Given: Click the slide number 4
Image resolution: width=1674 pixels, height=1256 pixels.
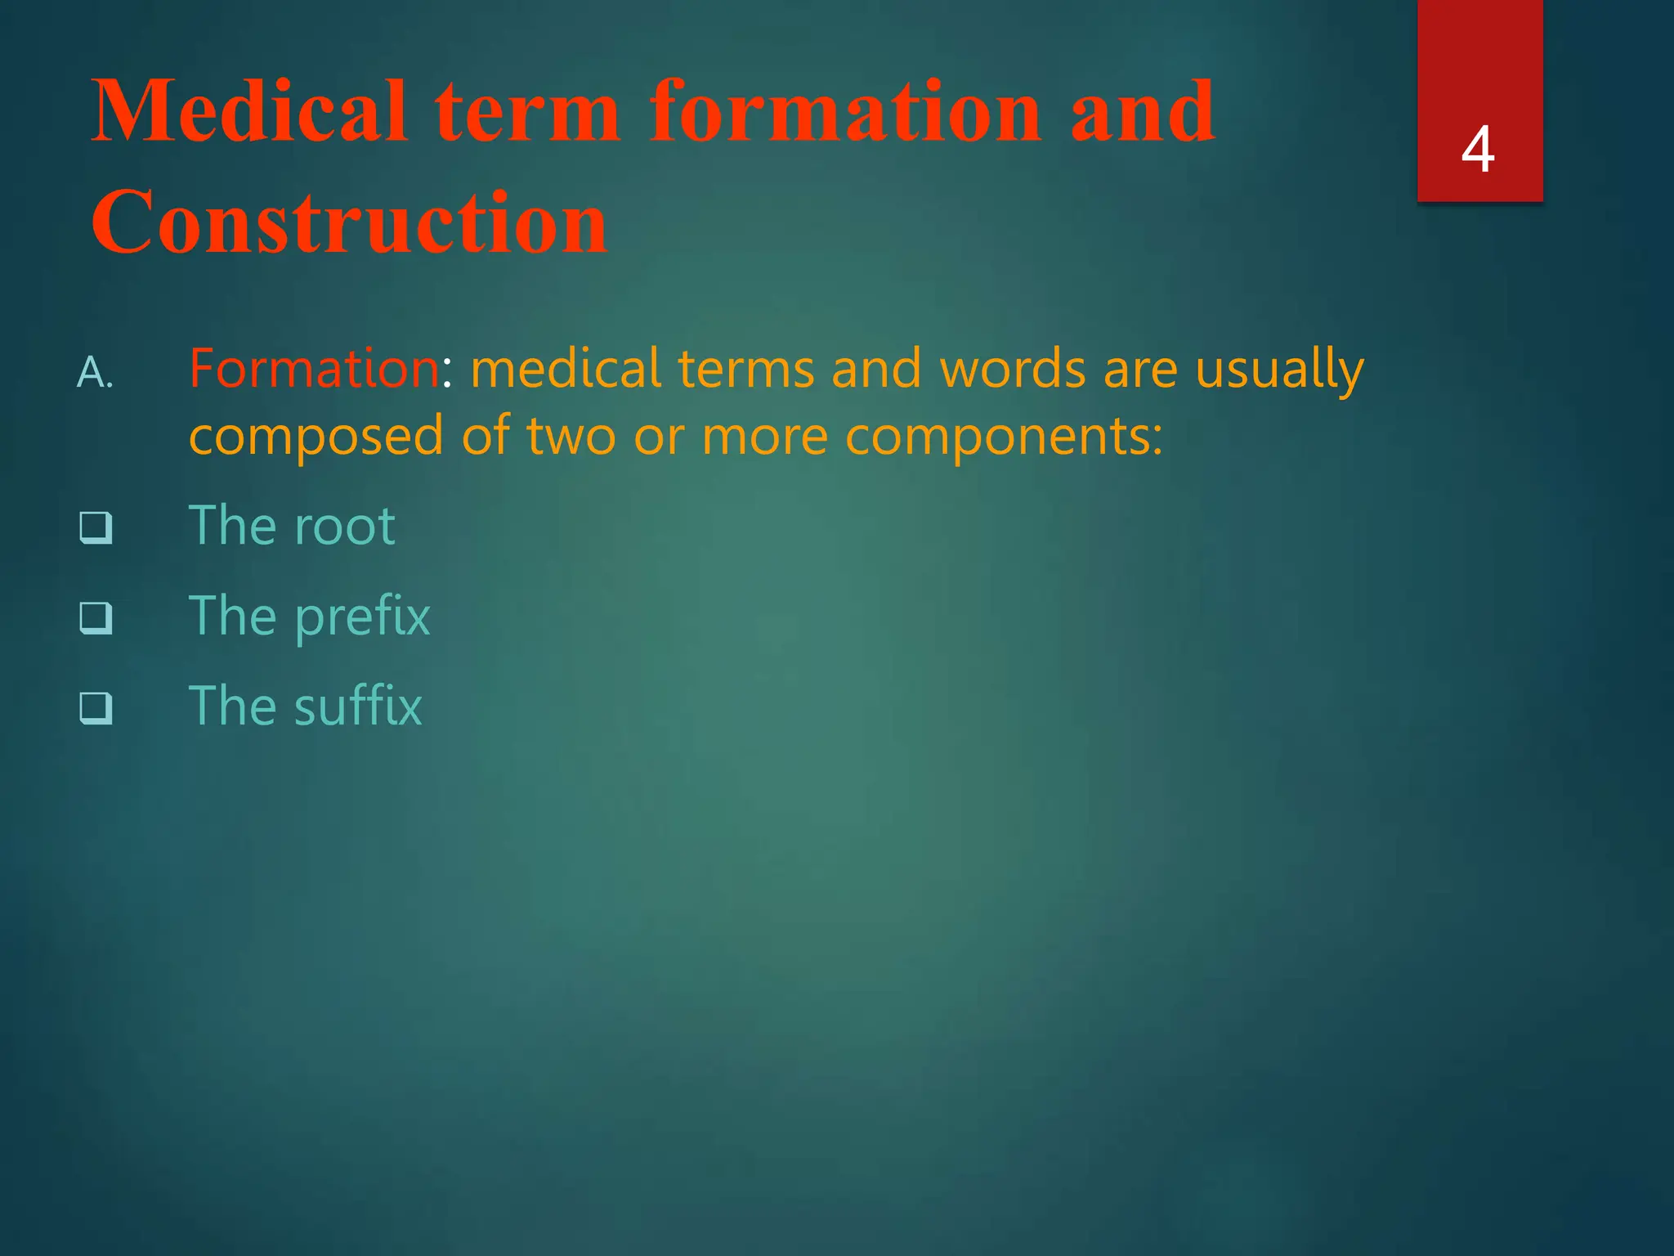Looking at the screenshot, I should (1478, 150).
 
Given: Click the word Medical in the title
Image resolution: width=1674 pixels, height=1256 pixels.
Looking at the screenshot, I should (249, 111).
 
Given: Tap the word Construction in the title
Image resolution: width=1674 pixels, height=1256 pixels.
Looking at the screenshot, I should (349, 222).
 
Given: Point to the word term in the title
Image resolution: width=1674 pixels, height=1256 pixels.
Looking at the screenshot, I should (526, 113).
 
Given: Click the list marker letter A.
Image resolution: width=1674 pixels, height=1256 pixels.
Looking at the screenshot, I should (94, 373).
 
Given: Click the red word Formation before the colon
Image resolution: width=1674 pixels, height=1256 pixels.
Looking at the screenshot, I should (314, 368).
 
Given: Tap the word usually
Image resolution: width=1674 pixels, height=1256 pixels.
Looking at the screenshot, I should (1279, 370).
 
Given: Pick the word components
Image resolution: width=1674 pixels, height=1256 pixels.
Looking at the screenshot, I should (1002, 437).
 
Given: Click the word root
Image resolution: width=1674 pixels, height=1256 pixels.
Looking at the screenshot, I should (344, 526).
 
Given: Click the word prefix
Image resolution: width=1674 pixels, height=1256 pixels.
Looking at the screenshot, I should (362, 617).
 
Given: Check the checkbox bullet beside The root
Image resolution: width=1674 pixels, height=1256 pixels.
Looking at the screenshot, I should (96, 527).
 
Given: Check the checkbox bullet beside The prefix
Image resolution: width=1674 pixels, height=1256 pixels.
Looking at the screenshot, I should (96, 617).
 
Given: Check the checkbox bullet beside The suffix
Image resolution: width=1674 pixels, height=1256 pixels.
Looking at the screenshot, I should (96, 707).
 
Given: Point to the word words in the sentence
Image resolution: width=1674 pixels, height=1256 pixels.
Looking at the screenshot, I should (1012, 370).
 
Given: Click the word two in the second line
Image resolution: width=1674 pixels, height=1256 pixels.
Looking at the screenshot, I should (571, 437).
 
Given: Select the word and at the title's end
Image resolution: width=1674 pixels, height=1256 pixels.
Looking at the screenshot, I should (1142, 111).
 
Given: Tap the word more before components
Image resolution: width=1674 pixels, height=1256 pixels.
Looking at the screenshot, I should (764, 437).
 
